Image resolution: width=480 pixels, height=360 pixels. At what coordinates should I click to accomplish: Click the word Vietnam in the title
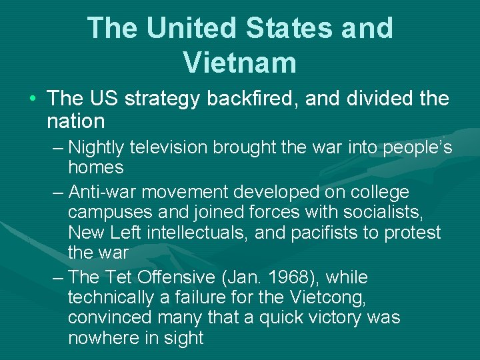[x=239, y=62]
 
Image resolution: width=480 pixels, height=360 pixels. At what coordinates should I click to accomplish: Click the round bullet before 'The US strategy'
[x=33, y=99]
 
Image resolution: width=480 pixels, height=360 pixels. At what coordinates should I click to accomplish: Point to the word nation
[x=76, y=121]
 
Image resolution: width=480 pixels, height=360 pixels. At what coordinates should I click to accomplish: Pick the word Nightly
[x=98, y=147]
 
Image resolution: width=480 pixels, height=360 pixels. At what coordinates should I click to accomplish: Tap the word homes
[x=96, y=167]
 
